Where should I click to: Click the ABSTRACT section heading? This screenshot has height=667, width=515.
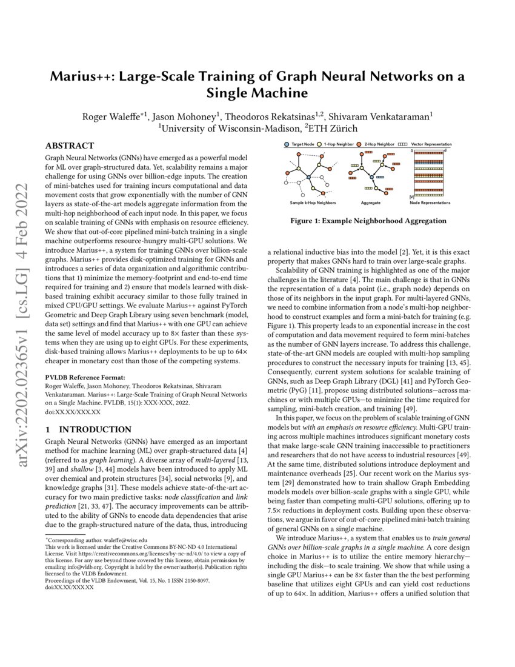click(70, 146)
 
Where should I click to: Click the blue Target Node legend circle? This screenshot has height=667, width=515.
click(287, 145)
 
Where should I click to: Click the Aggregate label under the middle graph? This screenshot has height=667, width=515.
click(370, 203)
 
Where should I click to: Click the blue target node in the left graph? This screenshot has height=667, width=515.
click(309, 176)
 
